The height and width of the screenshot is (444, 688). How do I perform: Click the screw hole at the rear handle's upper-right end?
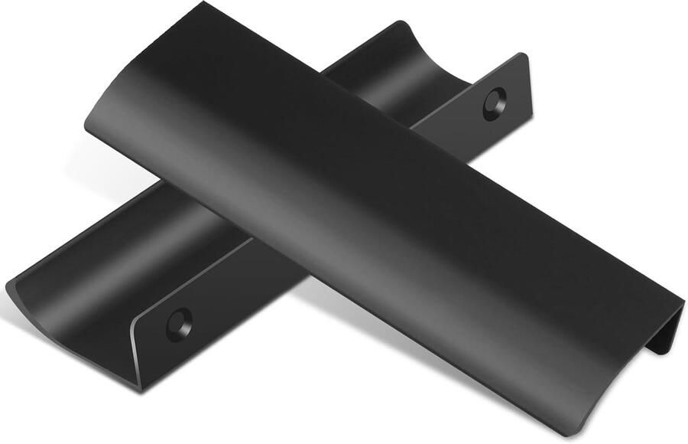click(x=495, y=103)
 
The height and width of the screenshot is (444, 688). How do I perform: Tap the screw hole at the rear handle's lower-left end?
click(x=179, y=323)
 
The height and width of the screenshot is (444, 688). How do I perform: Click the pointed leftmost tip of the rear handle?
click(x=8, y=286)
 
